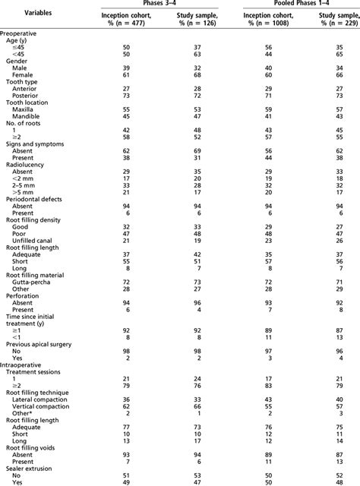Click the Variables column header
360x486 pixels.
[32, 13]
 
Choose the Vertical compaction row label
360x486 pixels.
[43, 406]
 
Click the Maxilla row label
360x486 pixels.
[24, 109]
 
